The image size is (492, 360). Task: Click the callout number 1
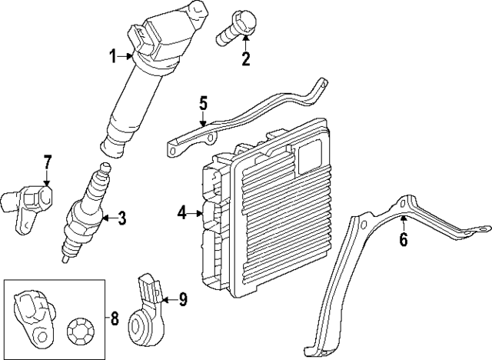tap(112, 55)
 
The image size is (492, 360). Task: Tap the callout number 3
tap(121, 218)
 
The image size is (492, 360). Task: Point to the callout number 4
tap(181, 213)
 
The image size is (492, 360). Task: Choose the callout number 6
tap(404, 240)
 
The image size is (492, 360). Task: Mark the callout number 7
tap(47, 162)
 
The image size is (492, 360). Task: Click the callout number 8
tap(115, 317)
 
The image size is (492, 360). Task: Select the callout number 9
tap(183, 299)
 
